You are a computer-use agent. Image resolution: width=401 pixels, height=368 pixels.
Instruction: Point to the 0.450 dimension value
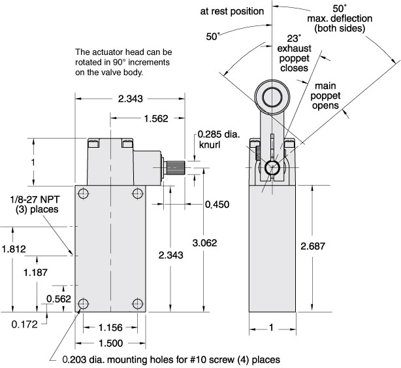[x=217, y=205]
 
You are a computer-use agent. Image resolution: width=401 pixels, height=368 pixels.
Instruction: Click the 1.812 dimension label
[x=14, y=248]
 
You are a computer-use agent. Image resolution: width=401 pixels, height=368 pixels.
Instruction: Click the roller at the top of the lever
[x=270, y=97]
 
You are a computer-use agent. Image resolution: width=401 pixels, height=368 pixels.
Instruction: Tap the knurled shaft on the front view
[x=175, y=167]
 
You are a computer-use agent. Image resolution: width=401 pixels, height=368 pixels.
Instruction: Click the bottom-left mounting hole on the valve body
[x=84, y=304]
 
